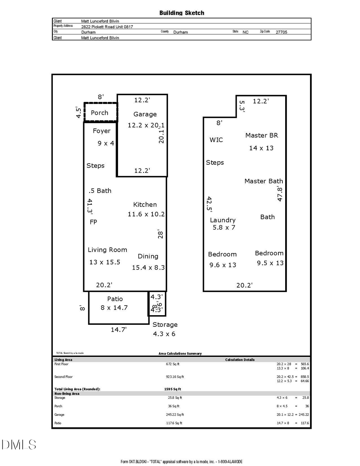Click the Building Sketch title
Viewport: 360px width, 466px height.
coord(182,13)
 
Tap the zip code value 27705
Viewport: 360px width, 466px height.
coord(281,32)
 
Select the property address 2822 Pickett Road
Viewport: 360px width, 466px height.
coord(107,27)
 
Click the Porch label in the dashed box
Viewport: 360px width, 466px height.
coord(100,113)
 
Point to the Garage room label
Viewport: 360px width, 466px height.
coord(145,114)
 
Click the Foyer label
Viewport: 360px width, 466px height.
coord(102,131)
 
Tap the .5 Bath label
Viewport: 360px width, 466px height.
coord(100,191)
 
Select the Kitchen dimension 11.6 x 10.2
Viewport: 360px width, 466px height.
coord(146,214)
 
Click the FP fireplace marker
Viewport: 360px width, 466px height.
coord(93,222)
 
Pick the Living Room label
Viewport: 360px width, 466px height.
coord(108,250)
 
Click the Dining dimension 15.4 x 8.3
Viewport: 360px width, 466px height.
coord(148,268)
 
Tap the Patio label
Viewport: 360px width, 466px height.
coord(115,299)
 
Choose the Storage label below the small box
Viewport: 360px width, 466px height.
coord(165,324)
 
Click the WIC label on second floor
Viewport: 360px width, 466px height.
coord(216,140)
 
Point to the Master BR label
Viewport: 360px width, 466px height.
coord(262,135)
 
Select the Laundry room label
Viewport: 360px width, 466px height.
coord(223,220)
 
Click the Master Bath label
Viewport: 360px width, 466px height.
coord(264,181)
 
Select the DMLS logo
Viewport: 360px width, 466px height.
coord(19,444)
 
